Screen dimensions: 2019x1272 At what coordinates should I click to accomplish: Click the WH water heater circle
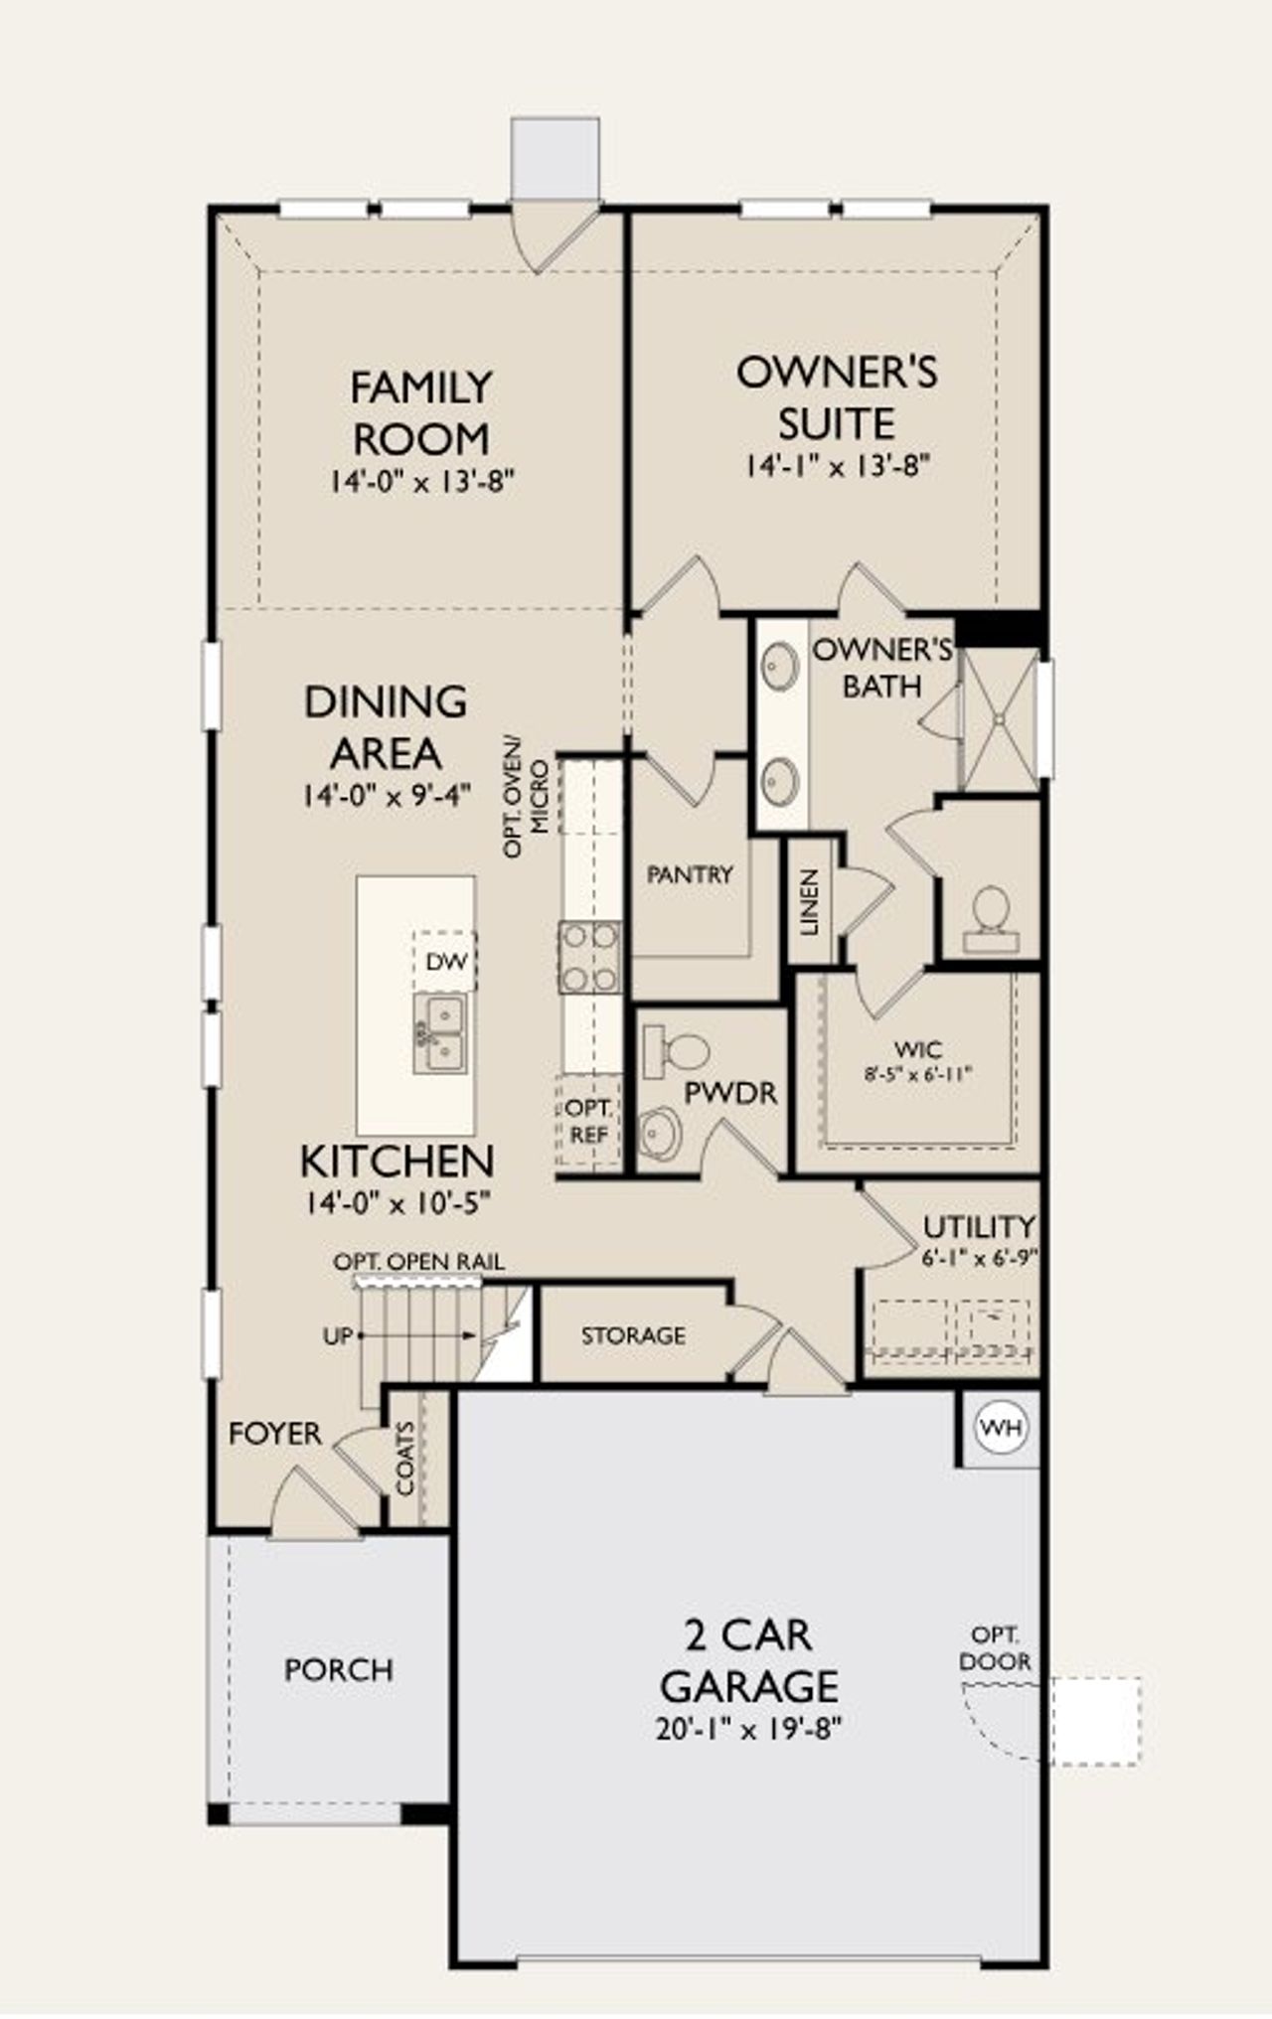pos(1001,1428)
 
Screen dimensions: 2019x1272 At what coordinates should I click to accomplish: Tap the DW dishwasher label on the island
pos(446,962)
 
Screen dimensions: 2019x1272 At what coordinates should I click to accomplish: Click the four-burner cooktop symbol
pos(589,958)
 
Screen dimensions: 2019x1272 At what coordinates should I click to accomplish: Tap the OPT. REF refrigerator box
pos(589,1121)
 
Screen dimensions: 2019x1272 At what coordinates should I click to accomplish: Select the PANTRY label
pos(690,874)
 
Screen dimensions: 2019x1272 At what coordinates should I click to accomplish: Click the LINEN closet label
pos(810,902)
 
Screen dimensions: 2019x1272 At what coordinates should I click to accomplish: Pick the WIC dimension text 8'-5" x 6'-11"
pos(917,1073)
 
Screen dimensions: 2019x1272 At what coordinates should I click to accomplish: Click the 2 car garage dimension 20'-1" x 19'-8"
pos(748,1729)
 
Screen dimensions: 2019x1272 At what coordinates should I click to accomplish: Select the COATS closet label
pos(405,1459)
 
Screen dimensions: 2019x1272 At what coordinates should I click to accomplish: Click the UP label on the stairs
pos(338,1336)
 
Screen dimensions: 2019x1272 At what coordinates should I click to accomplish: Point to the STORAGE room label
pos(633,1335)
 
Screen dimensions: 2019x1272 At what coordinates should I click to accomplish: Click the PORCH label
pos(339,1669)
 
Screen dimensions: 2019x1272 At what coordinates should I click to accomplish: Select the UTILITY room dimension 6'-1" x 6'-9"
pos(979,1257)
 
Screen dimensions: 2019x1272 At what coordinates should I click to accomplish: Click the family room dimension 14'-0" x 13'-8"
pos(422,482)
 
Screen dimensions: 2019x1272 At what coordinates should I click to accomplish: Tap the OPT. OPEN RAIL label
pos(418,1262)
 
